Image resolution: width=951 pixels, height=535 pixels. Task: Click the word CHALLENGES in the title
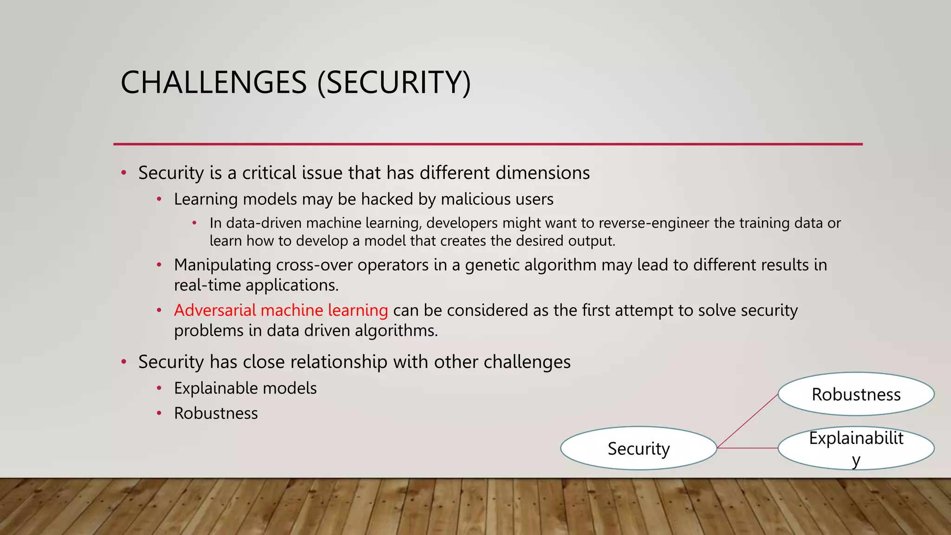tap(214, 83)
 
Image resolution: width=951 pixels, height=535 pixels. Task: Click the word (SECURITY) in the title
tap(394, 83)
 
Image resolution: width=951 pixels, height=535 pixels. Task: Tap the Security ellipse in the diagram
tap(638, 448)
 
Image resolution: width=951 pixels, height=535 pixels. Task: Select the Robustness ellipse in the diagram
tap(856, 394)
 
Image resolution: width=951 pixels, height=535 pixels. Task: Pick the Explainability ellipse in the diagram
tap(856, 448)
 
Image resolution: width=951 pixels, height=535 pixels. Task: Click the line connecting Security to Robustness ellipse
tap(748, 421)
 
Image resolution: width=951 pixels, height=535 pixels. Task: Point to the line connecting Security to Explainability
tap(748, 448)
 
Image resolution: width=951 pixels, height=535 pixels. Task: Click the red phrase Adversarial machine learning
tap(281, 310)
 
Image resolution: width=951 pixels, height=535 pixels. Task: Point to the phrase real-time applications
tap(256, 285)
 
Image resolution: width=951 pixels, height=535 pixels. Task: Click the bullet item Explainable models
tap(245, 388)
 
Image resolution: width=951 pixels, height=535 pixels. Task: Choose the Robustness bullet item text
tap(216, 413)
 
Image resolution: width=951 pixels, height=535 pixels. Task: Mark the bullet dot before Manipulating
tap(159, 265)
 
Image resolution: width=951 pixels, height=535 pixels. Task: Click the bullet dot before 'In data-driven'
tap(195, 223)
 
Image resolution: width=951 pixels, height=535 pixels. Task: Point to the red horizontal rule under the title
tap(488, 144)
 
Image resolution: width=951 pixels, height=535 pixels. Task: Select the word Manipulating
tap(222, 265)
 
